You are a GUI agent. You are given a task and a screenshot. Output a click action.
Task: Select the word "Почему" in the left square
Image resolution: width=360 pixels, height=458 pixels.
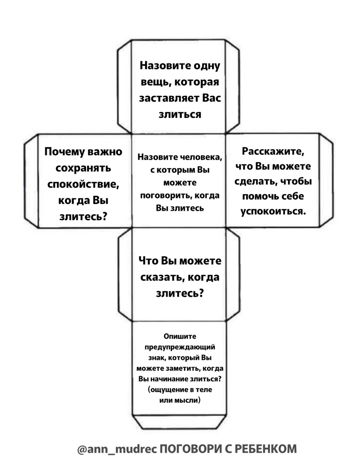coord(64,152)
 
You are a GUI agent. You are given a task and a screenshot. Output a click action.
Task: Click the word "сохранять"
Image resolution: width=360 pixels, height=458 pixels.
coord(83,168)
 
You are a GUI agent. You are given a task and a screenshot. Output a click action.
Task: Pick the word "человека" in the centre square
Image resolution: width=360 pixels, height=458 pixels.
coord(201,157)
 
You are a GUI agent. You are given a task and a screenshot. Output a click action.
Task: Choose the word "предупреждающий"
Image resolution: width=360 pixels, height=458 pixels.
coord(180,347)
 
